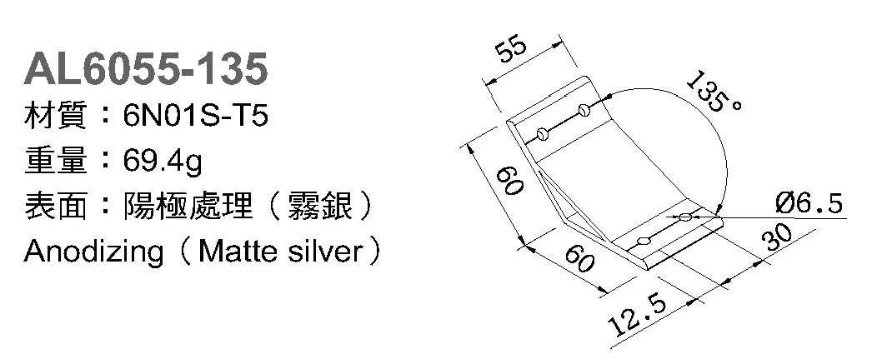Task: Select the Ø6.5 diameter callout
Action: (808, 203)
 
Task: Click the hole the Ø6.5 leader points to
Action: (684, 217)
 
